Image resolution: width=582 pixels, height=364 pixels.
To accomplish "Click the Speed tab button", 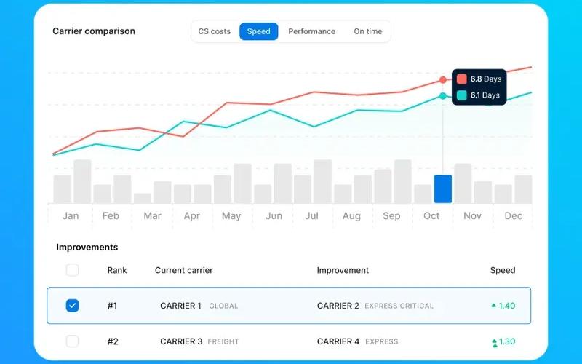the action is (x=259, y=31).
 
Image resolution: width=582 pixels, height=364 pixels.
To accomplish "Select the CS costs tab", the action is (x=214, y=31).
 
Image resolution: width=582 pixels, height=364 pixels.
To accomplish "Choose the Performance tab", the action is (x=312, y=31).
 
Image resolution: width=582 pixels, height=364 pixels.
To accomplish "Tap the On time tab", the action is (x=368, y=31).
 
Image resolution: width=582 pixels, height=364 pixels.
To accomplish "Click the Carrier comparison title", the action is (x=94, y=31).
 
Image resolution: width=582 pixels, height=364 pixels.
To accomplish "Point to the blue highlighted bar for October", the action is (x=443, y=189).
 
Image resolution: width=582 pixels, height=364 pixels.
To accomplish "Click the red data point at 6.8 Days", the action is (x=443, y=79).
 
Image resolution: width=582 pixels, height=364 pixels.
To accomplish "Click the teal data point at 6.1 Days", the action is (x=443, y=96).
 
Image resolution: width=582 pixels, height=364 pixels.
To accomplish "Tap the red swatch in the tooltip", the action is (x=462, y=79).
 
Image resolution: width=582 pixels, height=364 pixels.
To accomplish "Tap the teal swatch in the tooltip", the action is (x=462, y=95).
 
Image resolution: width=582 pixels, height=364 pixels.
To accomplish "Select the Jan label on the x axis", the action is (x=71, y=215).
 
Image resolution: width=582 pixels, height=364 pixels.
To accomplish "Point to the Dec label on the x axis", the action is (x=514, y=215).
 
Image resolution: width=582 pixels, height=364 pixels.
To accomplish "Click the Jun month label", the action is (x=274, y=215).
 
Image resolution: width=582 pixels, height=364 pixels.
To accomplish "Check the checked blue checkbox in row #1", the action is (x=72, y=305).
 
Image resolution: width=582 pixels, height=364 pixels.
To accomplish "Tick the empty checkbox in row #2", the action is (x=72, y=341).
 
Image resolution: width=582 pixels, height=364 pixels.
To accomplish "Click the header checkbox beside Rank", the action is (x=72, y=269).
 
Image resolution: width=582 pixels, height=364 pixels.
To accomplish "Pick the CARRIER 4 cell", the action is (x=338, y=341).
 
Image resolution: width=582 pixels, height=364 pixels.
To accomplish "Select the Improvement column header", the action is (x=343, y=270).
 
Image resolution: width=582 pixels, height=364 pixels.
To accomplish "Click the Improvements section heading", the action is (x=87, y=247).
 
